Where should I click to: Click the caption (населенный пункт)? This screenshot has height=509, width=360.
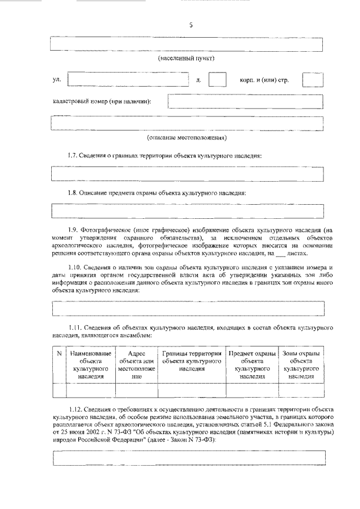(186, 58)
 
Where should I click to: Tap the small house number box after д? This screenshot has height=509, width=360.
(217, 80)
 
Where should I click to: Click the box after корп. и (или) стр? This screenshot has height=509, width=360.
(312, 80)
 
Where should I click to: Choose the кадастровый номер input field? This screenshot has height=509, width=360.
(246, 101)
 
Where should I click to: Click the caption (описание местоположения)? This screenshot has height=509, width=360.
(186, 137)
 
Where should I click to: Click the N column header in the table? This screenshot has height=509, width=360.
(59, 353)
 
